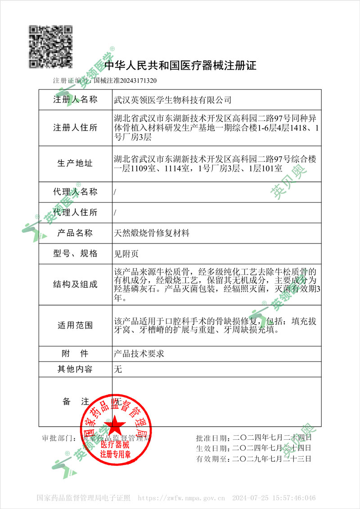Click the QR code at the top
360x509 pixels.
click(51, 46)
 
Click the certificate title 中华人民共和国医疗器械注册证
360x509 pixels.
click(180, 66)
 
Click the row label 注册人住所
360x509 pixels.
click(75, 127)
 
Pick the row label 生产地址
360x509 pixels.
click(75, 163)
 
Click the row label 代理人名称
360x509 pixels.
click(75, 192)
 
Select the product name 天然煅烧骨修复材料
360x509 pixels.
click(152, 233)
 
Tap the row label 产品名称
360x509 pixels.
click(75, 233)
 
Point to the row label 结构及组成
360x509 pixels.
click(75, 284)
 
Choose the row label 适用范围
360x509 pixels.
click(75, 325)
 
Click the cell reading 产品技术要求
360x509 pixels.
click(139, 353)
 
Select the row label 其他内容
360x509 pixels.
click(75, 369)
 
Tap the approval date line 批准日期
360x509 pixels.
click(254, 437)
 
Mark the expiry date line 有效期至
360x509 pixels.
click(254, 459)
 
